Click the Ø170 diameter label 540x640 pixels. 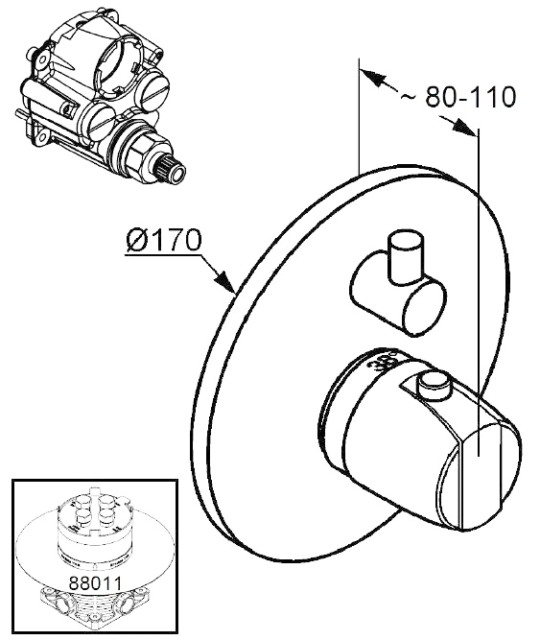pyautogui.click(x=164, y=241)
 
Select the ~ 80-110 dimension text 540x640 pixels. pyautogui.click(x=458, y=97)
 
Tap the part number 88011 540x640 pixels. pyautogui.click(x=95, y=582)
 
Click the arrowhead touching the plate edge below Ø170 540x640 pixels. pyautogui.click(x=225, y=282)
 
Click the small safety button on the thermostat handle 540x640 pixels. pyautogui.click(x=434, y=384)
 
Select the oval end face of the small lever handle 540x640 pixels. pyautogui.click(x=424, y=308)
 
